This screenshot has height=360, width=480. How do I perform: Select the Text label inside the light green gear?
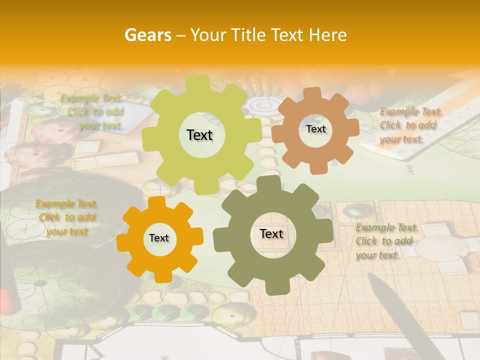[199, 135]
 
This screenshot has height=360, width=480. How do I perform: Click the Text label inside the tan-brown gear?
[315, 129]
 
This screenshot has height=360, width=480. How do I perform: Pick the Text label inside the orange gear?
[159, 238]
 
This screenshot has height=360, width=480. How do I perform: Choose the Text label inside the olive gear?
[271, 233]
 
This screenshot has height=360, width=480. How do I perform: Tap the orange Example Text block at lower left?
[66, 217]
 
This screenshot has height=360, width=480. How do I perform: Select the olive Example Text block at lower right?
[386, 241]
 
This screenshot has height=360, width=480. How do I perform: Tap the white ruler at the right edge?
[420, 145]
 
